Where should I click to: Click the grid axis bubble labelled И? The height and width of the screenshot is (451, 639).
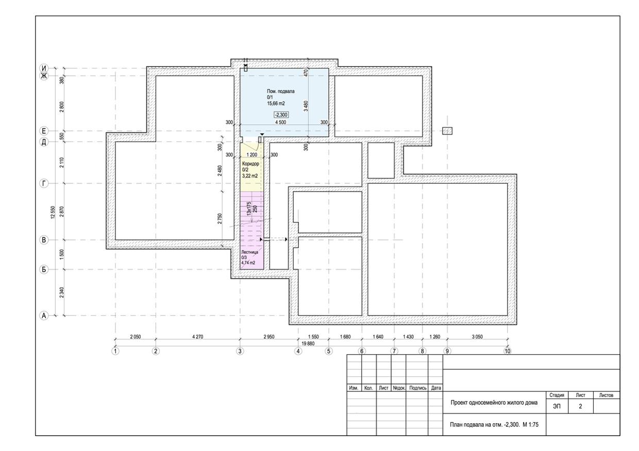(44, 68)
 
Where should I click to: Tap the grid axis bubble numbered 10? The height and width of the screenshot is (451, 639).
(507, 351)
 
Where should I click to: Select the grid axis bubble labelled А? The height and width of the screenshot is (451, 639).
(44, 316)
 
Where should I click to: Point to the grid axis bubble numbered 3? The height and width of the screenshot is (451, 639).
(240, 351)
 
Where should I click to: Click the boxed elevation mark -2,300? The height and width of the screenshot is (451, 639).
(281, 115)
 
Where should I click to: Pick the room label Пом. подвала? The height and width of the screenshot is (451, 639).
(281, 91)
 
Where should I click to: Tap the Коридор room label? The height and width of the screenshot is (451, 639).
(250, 164)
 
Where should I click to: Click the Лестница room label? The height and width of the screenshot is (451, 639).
(249, 252)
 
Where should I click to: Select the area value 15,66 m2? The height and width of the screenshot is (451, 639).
(276, 103)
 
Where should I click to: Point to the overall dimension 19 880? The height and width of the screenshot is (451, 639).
(308, 343)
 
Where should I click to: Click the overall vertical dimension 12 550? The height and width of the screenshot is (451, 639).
(53, 213)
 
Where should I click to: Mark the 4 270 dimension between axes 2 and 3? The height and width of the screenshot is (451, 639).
(198, 337)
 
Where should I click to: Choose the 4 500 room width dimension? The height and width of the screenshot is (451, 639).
(281, 123)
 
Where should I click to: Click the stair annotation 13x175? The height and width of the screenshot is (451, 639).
(249, 209)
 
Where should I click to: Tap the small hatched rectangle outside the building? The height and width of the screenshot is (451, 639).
(447, 131)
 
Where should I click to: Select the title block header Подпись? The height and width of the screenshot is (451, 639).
(417, 388)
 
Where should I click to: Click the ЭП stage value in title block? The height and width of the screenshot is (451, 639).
(557, 406)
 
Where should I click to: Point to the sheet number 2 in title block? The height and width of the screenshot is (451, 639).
(580, 406)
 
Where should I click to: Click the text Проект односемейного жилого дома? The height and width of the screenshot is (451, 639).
(494, 403)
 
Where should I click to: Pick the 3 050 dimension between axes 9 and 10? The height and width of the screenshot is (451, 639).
(477, 337)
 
